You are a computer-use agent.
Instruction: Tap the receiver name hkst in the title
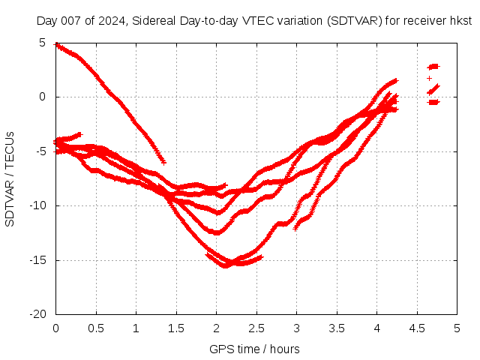point(459,21)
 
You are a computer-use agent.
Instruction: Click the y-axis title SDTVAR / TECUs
point(10,178)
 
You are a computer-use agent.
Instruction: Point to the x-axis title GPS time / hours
point(254,349)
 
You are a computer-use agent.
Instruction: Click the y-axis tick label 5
point(43,43)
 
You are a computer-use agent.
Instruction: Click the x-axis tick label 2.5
point(256,328)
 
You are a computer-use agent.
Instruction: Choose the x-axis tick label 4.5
point(417,328)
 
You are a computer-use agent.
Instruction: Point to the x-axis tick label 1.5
point(176,328)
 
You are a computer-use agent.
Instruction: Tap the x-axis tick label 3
point(296,328)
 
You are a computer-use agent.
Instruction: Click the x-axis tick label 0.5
point(96,328)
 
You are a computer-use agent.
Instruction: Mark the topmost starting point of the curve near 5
point(57,44)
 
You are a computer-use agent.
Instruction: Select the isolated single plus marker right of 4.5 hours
point(429,78)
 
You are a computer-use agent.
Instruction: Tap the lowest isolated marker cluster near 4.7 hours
point(433,102)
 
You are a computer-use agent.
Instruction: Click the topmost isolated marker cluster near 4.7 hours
point(433,67)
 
